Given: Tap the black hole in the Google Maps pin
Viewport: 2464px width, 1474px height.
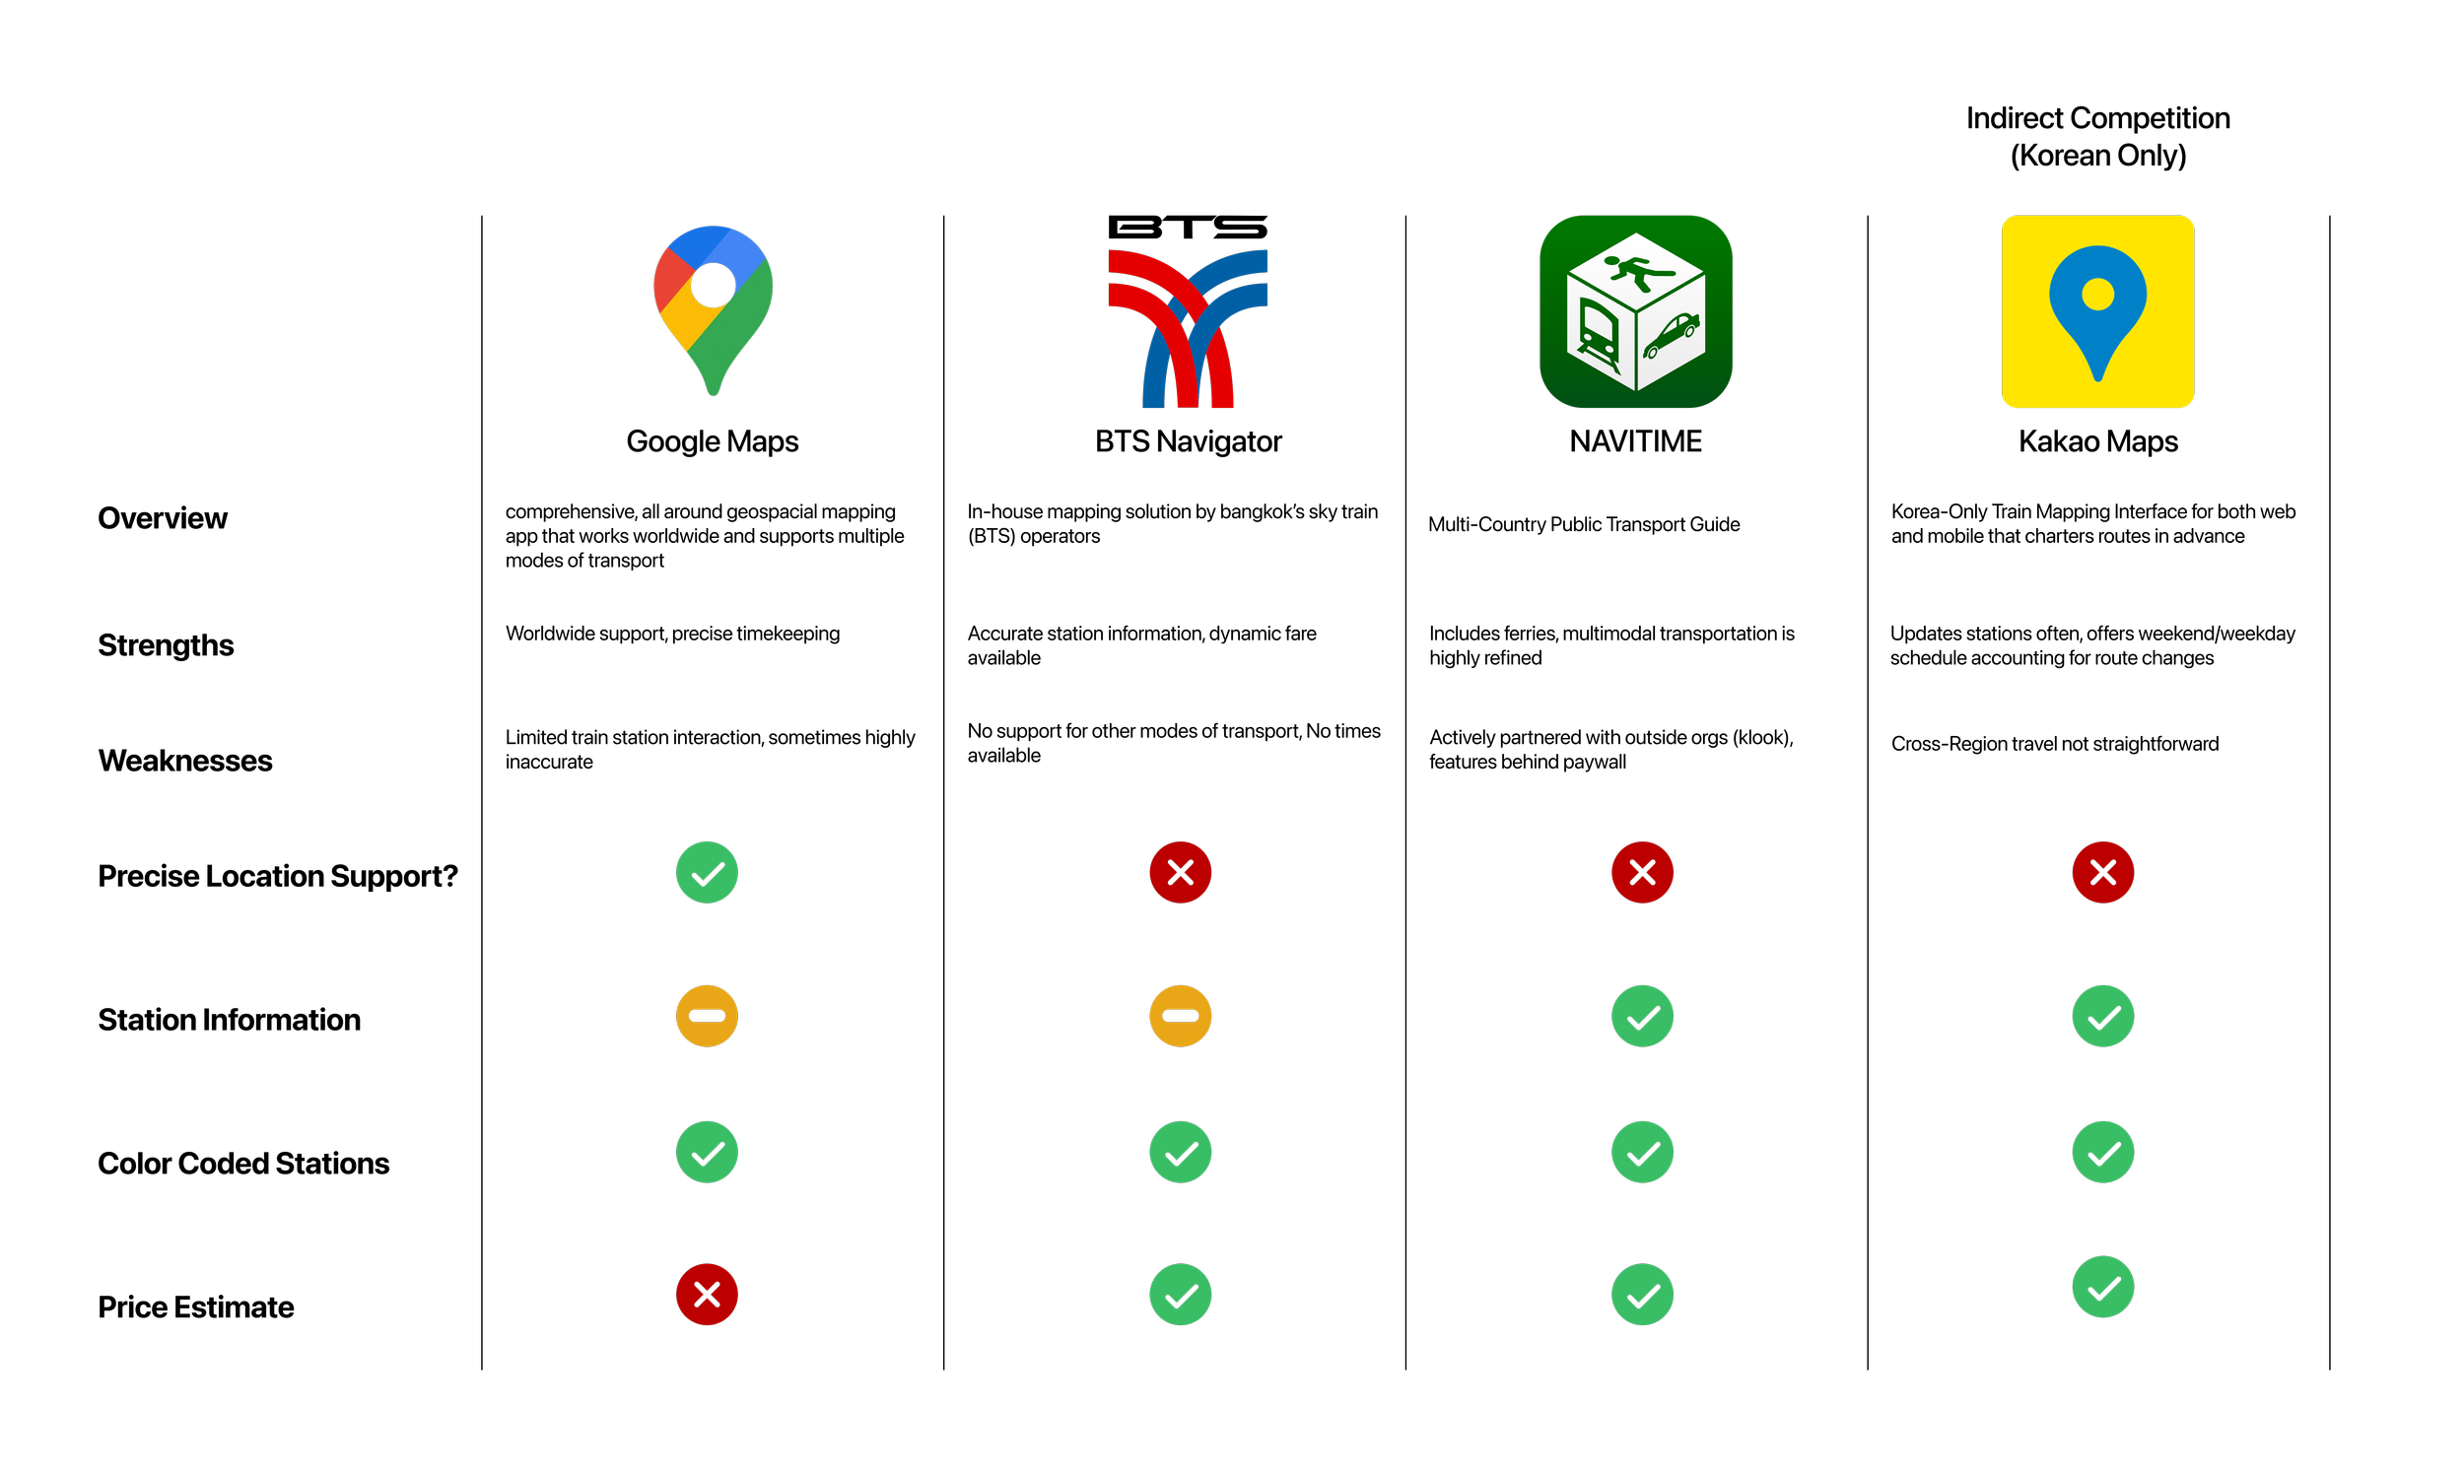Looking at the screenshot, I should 714,286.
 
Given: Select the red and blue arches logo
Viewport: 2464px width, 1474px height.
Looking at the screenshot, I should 1188,328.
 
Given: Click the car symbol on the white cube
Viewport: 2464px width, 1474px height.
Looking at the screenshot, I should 1672,335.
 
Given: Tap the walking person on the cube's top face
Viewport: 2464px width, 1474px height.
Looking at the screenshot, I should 1635,270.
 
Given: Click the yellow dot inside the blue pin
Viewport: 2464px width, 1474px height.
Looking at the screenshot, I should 2097,294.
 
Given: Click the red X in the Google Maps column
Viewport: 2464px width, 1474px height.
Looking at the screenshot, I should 707,1295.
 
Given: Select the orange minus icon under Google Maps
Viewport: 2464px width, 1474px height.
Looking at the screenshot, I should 707,1015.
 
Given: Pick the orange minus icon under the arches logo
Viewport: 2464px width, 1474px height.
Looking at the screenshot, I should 1181,1015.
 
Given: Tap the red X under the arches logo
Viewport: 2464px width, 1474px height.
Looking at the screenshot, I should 1181,872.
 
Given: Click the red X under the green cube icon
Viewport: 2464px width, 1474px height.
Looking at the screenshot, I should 1642,872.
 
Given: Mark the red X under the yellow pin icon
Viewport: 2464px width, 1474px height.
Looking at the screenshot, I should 2103,872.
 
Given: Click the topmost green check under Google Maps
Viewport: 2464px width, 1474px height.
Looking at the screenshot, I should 707,872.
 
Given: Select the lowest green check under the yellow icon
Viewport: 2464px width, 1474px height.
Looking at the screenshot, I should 2103,1287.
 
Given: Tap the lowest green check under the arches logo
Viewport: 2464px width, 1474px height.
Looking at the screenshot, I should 1181,1295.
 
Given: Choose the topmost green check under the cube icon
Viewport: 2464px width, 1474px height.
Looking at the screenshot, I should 1642,1015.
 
